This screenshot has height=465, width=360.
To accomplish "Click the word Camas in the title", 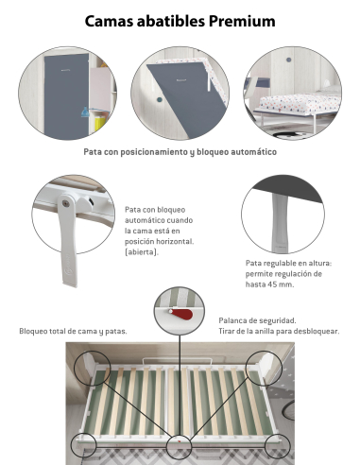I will point(114,20).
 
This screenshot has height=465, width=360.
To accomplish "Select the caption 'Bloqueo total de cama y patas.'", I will point(73,331).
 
